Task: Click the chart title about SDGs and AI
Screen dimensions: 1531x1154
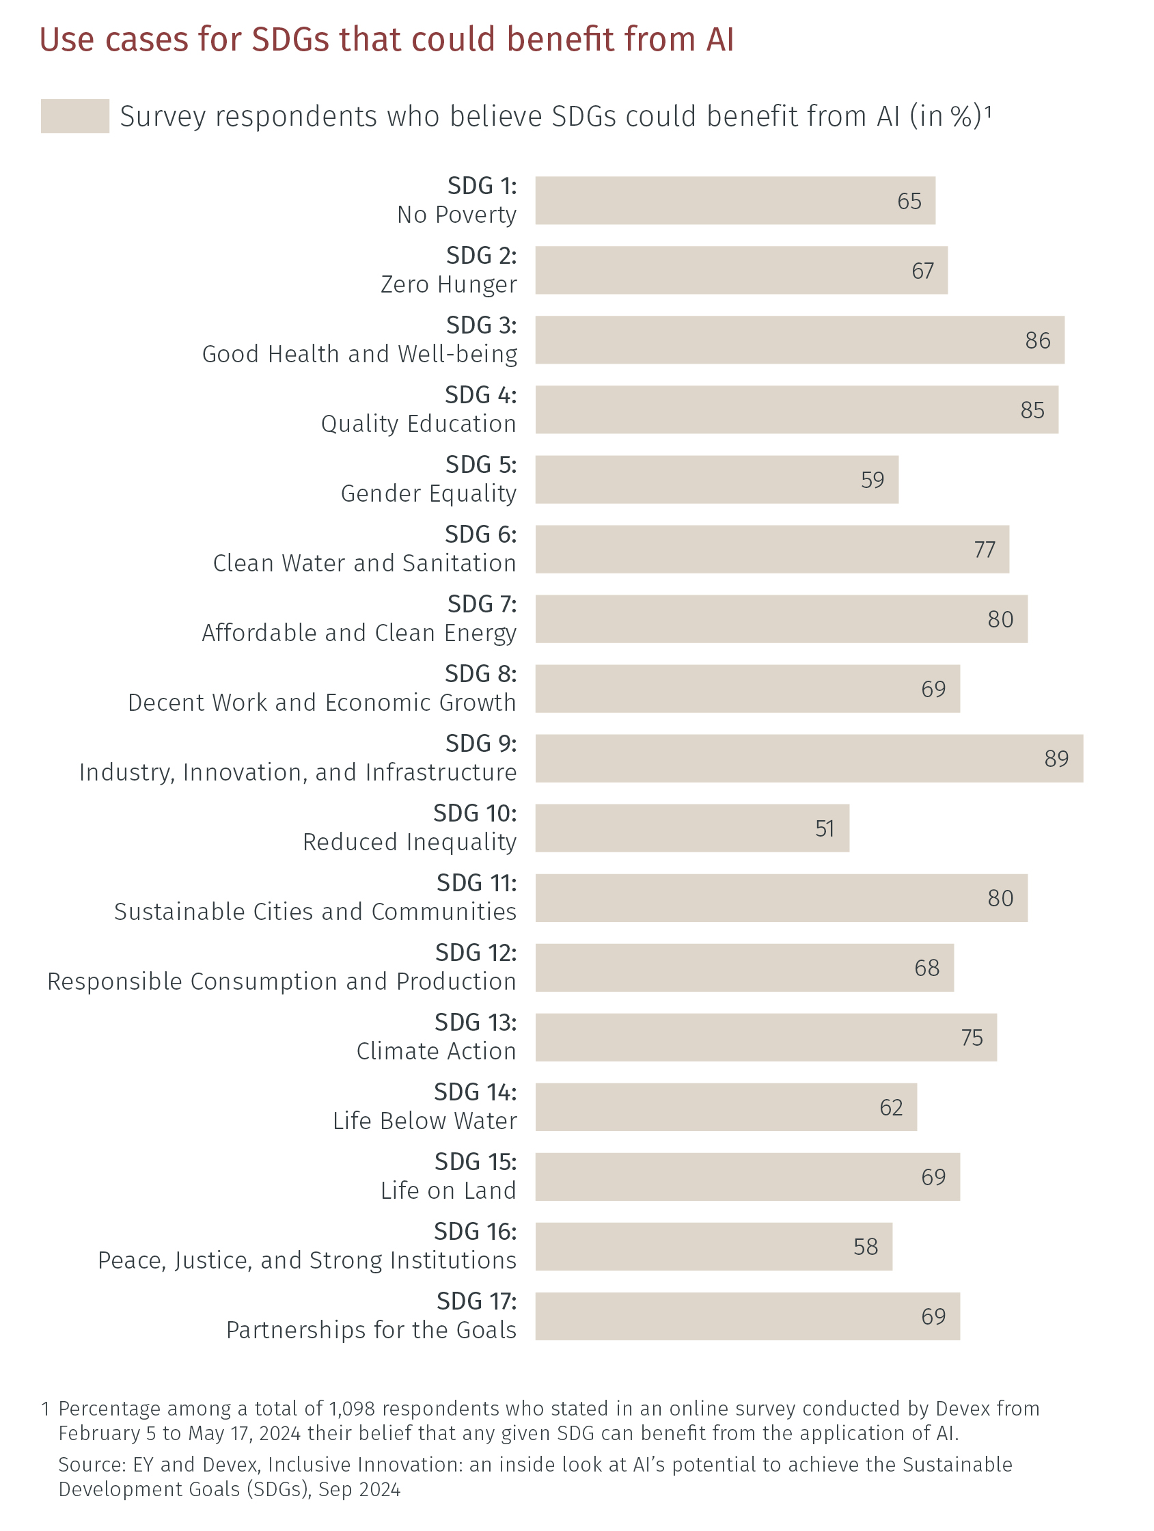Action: pos(386,40)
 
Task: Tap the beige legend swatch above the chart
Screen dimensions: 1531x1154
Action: pos(74,116)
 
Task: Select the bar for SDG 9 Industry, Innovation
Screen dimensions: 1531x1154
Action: pos(808,759)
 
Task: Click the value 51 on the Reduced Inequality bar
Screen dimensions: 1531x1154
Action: pos(824,828)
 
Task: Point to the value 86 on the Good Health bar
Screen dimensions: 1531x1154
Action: pos(1037,340)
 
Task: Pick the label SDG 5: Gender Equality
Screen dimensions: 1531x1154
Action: pos(428,479)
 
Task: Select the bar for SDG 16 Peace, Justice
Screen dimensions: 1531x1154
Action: pos(713,1247)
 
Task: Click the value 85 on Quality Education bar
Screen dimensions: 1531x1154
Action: pos(1032,411)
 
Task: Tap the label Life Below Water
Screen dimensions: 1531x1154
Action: pos(424,1120)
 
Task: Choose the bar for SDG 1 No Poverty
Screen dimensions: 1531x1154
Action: pos(734,201)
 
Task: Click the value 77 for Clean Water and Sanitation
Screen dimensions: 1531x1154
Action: pos(984,550)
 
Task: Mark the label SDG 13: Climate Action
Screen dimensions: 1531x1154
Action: pos(436,1037)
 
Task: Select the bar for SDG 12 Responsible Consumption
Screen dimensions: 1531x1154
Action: pos(744,968)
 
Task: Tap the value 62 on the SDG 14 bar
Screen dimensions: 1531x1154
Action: pos(890,1107)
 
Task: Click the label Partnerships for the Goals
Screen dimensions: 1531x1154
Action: pos(371,1329)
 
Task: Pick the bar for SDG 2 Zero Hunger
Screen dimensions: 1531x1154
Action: pos(740,271)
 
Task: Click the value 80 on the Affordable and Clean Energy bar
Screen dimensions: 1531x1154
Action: pos(1000,619)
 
